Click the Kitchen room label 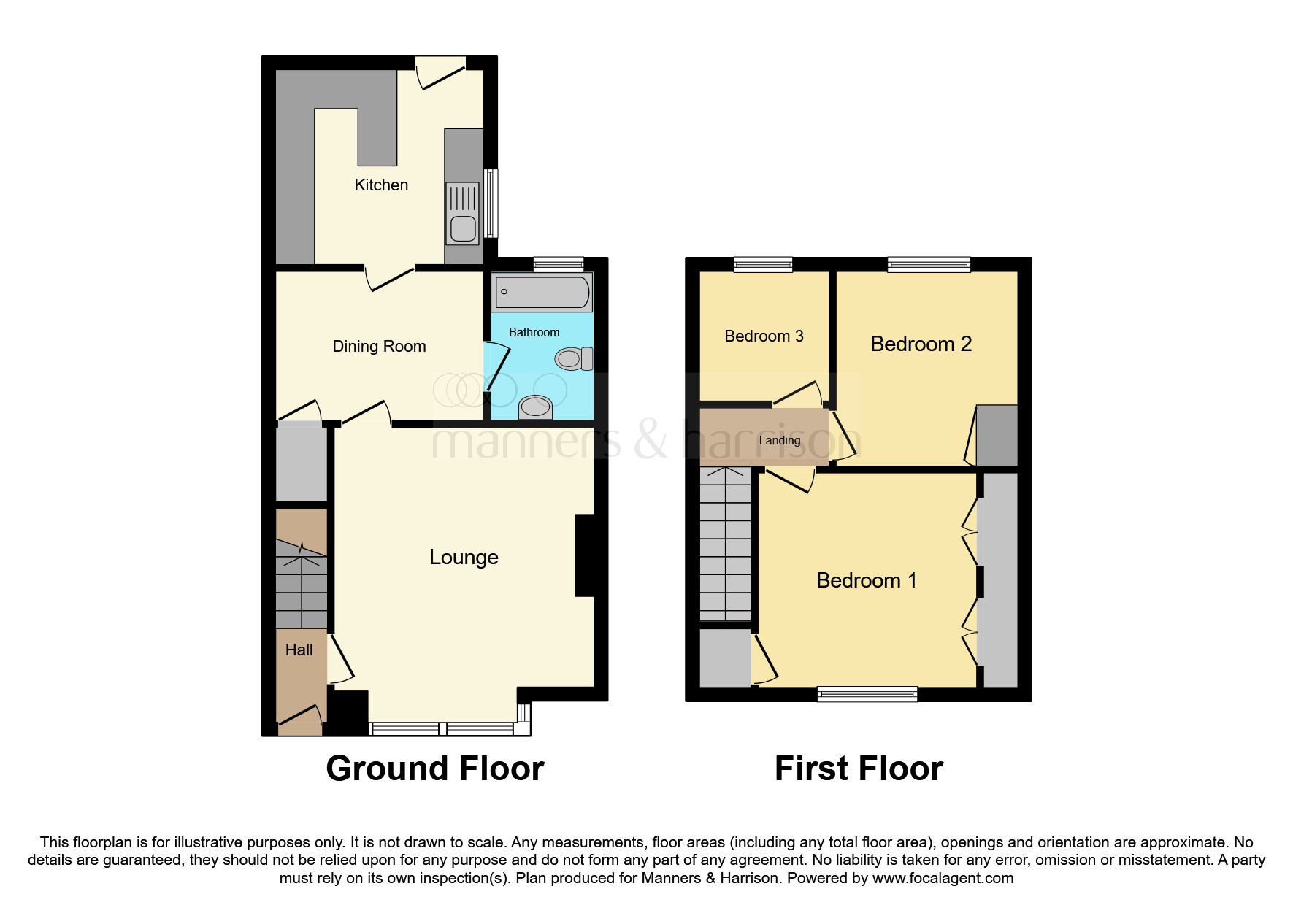381,185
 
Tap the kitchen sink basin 463,228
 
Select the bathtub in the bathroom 542,292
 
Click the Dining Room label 379,346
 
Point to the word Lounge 464,557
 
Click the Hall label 299,650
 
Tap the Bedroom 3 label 764,336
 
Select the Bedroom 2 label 921,344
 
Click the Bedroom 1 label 866,580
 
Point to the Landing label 779,440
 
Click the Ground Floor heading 434,769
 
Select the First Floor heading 859,769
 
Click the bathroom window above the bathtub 559,264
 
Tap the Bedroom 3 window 763,264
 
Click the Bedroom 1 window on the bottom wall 867,694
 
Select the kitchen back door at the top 441,73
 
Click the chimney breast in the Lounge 585,556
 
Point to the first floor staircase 725,544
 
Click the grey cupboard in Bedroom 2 997,435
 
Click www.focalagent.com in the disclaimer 943,878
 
